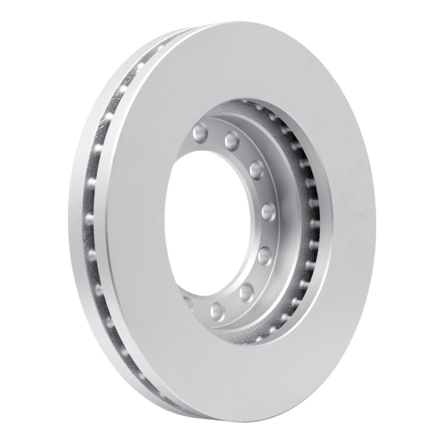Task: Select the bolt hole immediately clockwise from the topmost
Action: pos(232,141)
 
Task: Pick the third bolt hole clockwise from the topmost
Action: pos(256,169)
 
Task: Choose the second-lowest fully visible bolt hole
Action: pos(246,291)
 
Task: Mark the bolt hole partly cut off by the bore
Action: pos(188,302)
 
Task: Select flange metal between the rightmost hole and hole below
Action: pos(268,233)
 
